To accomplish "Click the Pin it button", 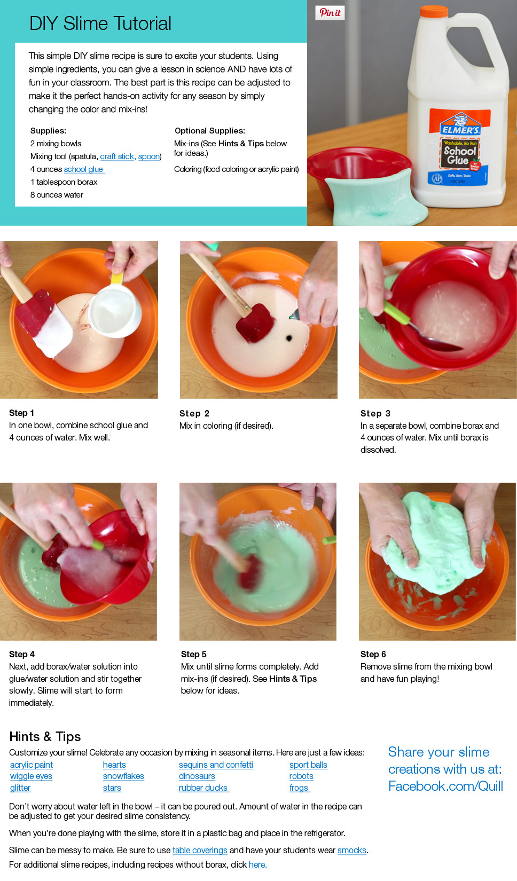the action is tap(330, 13).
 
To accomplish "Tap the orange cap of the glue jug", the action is tap(433, 11).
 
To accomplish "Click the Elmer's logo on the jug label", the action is tap(460, 125).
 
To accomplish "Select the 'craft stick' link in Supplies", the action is tap(117, 156).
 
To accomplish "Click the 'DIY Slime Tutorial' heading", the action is tap(100, 23).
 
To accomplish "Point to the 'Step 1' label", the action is tap(22, 413).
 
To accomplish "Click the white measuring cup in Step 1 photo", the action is tap(114, 310).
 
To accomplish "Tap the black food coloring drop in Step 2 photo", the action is tap(289, 338).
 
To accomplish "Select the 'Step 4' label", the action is tap(22, 654).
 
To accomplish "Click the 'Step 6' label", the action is tap(373, 654).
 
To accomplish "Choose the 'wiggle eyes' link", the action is tap(31, 776).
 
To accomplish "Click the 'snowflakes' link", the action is tap(123, 776).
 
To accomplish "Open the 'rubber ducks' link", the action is tap(203, 788).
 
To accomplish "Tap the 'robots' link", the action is tap(301, 776).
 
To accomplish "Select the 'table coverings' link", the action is tap(200, 851).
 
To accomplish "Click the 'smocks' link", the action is tap(352, 851).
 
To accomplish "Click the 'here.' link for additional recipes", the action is tap(258, 864).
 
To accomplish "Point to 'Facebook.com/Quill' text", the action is tap(446, 786).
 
